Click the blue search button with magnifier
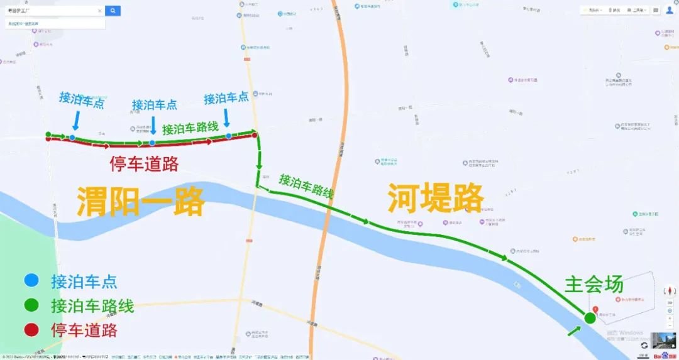(113, 11)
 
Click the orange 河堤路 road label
(435, 199)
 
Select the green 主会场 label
(593, 284)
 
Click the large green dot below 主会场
(590, 319)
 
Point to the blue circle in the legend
(31, 281)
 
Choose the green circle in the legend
(31, 306)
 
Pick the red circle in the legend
(31, 329)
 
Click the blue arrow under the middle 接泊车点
(153, 124)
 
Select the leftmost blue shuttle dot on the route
(73, 137)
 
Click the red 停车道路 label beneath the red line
(144, 165)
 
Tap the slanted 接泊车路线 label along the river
(306, 187)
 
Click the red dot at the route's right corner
(254, 135)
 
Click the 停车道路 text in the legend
(84, 330)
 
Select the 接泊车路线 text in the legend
(92, 306)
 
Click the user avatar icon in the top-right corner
(668, 11)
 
